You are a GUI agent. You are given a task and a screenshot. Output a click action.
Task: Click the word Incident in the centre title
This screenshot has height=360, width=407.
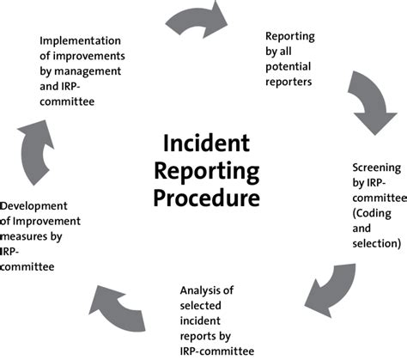pos(206,143)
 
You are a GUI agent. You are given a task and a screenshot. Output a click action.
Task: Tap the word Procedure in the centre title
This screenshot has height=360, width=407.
pos(207,198)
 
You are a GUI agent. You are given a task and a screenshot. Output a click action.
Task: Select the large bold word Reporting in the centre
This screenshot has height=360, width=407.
pos(207,172)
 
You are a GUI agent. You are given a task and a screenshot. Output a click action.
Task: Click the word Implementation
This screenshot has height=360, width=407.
pos(80,41)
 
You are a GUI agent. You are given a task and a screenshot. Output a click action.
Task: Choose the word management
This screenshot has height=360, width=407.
pos(88,71)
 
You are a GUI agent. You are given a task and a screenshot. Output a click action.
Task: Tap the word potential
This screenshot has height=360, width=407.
pos(288,67)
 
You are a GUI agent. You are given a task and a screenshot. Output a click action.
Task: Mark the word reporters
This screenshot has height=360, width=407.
pos(289,82)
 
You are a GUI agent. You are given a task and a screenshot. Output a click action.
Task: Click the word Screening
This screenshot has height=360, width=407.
pos(377,168)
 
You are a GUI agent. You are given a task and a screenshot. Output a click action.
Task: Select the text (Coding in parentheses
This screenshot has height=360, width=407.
pos(372,213)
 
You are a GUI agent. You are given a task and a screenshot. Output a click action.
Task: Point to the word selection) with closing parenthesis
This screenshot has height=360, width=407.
pos(377,244)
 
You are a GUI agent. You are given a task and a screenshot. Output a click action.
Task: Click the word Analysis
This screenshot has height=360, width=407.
pos(207,291)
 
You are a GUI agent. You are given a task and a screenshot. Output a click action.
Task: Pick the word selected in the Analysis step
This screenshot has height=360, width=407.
pos(200,306)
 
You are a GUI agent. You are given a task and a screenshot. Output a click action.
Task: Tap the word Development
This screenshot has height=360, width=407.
pos(33,206)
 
